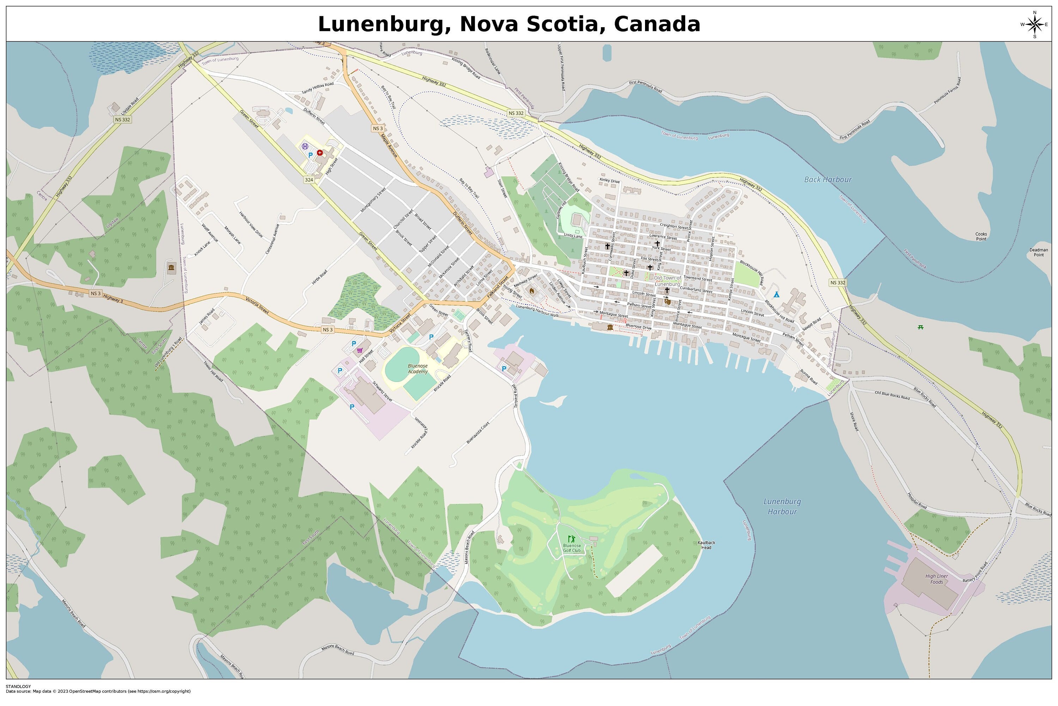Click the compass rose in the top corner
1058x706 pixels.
coord(1034,24)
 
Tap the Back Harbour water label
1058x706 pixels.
coord(827,179)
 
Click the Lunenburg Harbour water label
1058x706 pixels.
coord(782,506)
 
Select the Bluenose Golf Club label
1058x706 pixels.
coord(572,548)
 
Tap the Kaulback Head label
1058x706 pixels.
coord(706,545)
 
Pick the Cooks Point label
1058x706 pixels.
coord(981,236)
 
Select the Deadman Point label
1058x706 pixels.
coord(1038,252)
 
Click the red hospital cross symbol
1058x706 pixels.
coord(320,153)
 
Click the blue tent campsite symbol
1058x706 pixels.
coord(776,294)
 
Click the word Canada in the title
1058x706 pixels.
coord(657,24)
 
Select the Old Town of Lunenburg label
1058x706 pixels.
coord(667,281)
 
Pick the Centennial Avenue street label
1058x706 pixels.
coord(272,239)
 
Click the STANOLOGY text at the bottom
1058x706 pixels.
coord(18,687)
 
